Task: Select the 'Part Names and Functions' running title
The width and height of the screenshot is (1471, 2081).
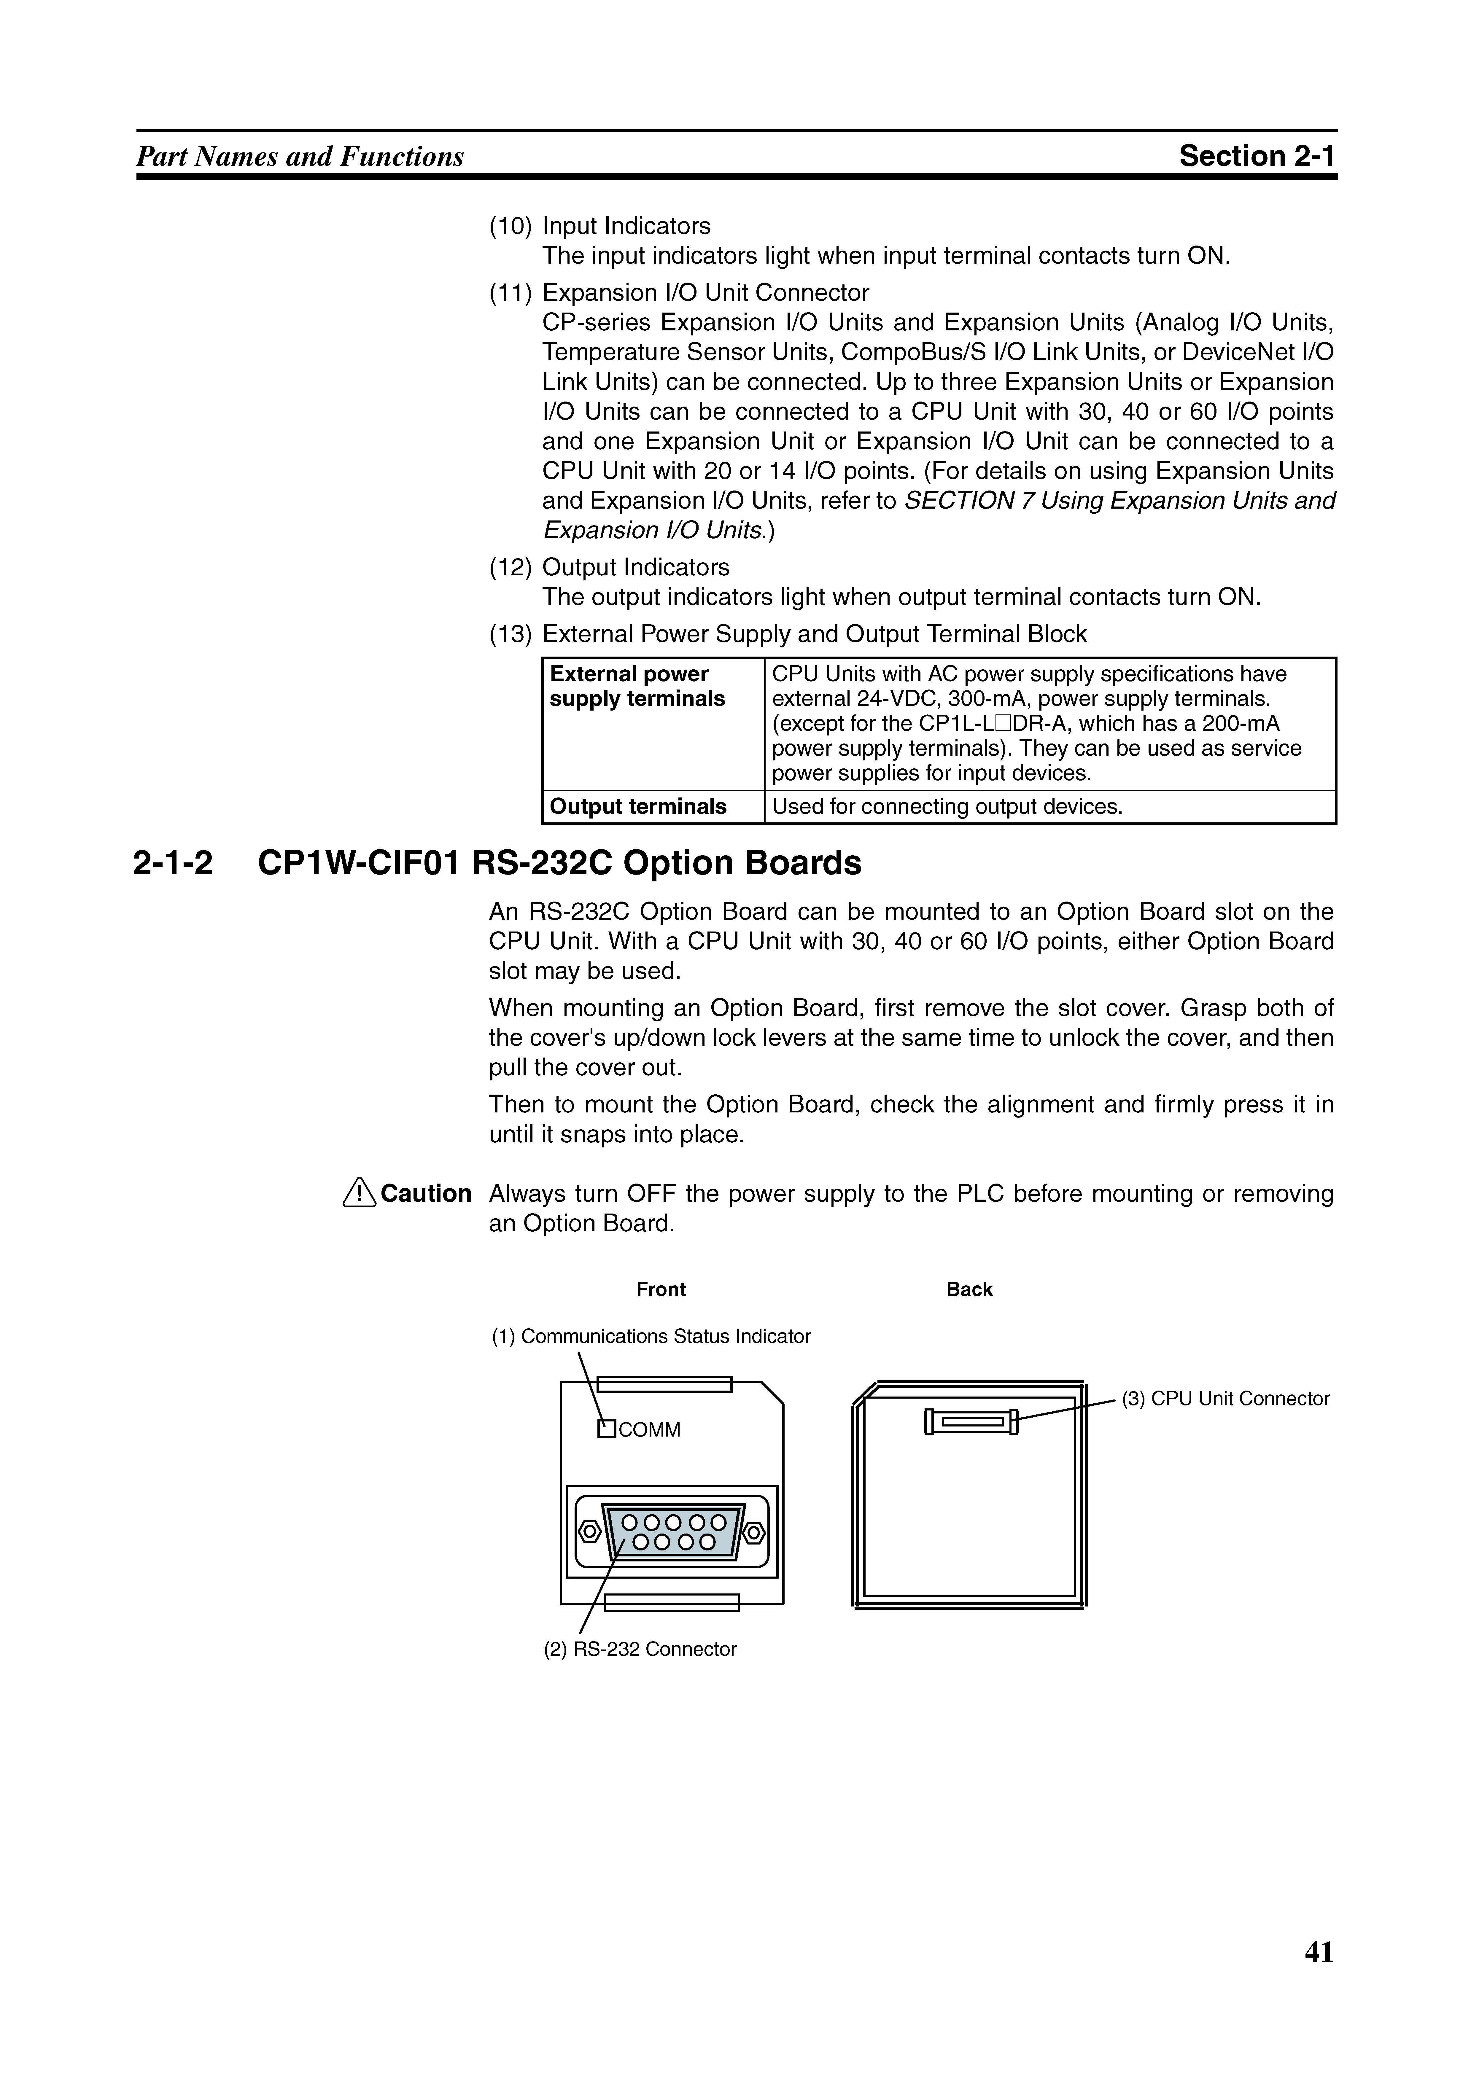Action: pos(300,157)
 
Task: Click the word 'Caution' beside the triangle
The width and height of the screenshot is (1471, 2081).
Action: pos(426,1194)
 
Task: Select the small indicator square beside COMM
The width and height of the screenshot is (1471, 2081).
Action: pos(606,1429)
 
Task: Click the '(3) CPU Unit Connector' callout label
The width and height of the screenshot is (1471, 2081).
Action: pos(1225,1399)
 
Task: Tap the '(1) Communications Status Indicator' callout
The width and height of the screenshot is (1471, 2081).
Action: pos(651,1336)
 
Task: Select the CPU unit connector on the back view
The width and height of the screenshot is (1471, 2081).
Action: pos(971,1421)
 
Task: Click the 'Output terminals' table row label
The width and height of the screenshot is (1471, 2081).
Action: pos(638,807)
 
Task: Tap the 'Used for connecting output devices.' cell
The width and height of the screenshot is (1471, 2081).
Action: pos(947,807)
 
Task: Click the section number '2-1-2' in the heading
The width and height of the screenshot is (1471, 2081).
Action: pos(173,863)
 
